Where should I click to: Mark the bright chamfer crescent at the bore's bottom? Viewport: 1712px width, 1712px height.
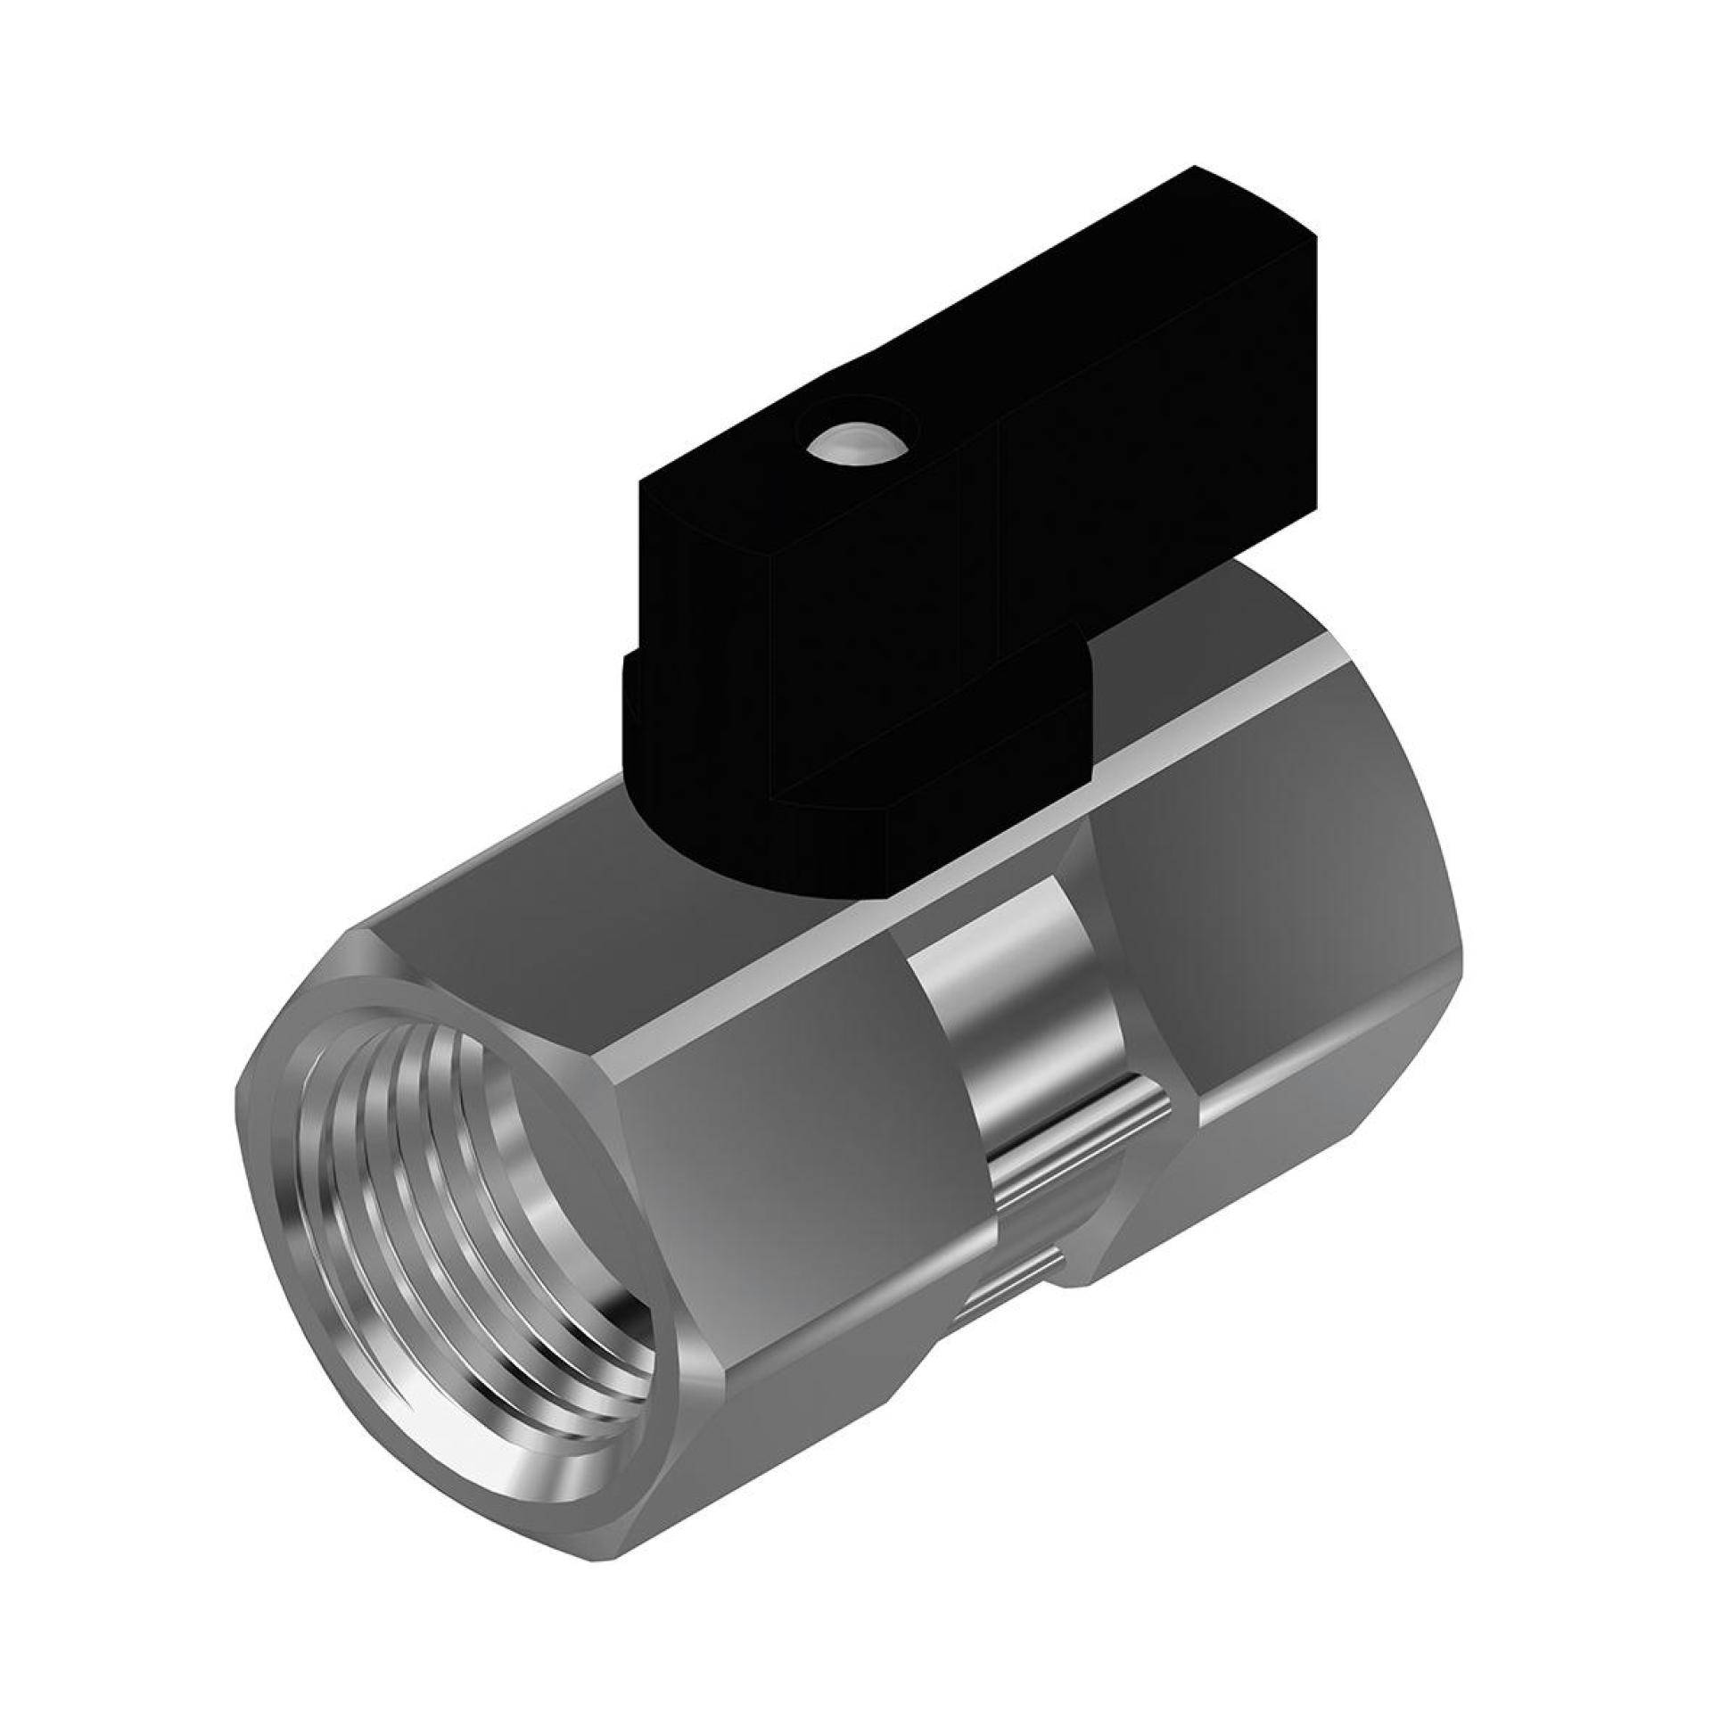pyautogui.click(x=535, y=1391)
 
